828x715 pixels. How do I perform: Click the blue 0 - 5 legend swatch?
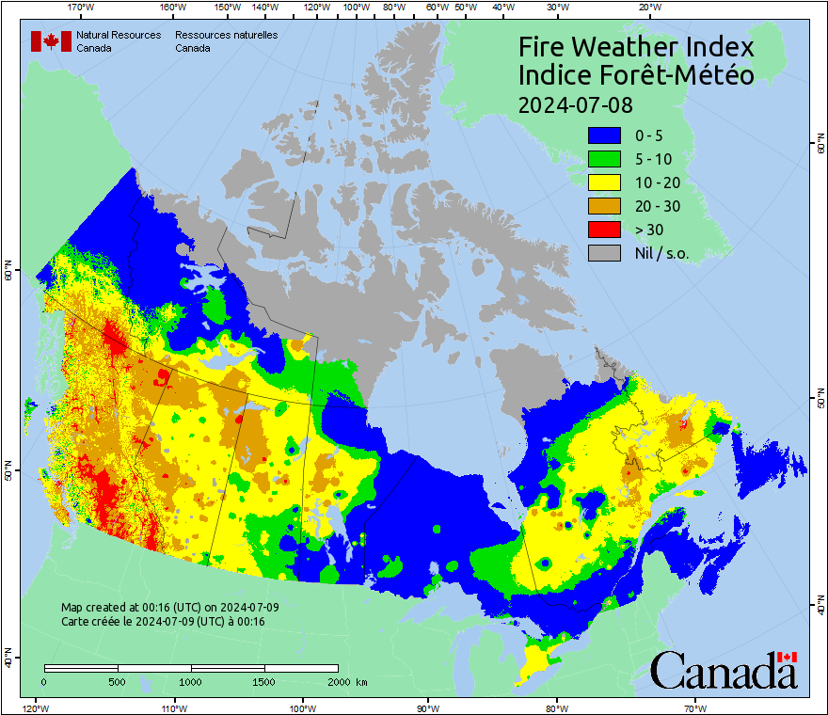pos(603,135)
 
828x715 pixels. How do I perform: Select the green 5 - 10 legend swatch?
pos(603,159)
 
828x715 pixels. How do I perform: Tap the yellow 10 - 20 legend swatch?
pos(603,183)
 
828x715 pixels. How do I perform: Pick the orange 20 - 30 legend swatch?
pos(603,206)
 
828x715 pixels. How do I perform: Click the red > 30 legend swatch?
pos(603,230)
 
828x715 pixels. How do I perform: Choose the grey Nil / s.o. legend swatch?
pos(603,253)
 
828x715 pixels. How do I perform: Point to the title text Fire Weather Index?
pos(636,47)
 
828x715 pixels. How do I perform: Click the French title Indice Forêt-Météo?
pos(636,75)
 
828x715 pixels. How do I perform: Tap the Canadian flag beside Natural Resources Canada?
pos(51,40)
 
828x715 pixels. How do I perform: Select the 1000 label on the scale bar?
pos(191,681)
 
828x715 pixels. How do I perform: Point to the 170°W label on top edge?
pos(82,8)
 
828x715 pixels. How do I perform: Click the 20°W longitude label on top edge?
pos(647,8)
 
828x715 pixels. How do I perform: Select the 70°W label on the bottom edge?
pos(695,707)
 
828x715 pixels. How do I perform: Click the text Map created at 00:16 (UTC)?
pos(169,608)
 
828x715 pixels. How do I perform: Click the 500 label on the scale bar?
pos(117,681)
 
